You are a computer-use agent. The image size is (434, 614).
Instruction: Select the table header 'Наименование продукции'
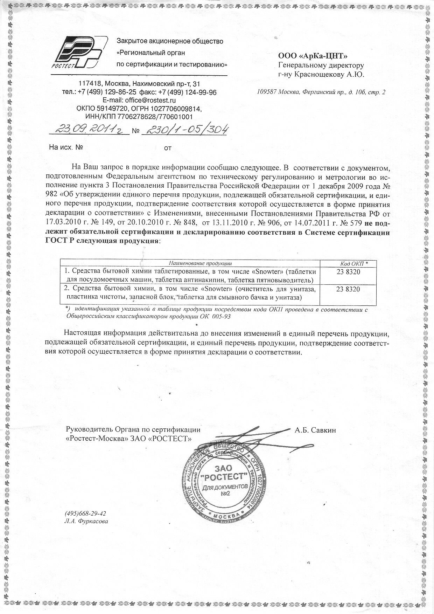click(x=200, y=263)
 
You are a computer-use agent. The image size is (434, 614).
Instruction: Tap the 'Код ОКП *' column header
click(x=354, y=263)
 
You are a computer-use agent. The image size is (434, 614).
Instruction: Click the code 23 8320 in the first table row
click(x=348, y=272)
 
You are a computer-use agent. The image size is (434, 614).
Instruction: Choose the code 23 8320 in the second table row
click(x=348, y=289)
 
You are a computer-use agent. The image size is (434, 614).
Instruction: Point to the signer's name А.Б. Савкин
click(x=315, y=430)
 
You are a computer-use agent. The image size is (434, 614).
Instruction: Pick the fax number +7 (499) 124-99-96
click(x=188, y=92)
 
